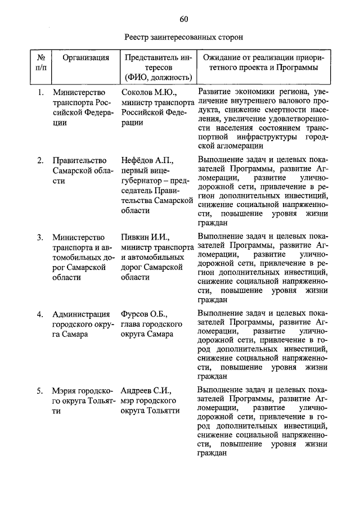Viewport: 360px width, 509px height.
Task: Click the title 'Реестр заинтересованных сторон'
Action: [x=183, y=38]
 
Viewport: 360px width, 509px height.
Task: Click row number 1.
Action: [x=40, y=92]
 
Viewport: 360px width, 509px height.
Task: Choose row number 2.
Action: [x=40, y=160]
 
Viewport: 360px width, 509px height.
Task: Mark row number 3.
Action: [x=40, y=237]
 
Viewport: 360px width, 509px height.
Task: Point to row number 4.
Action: [x=40, y=314]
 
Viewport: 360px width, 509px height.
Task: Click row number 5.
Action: [x=40, y=390]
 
